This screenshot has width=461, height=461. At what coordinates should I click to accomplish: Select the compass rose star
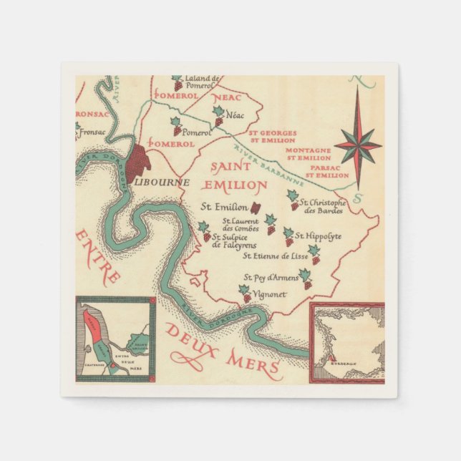(358, 145)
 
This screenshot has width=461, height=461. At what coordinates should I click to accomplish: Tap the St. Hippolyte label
(319, 236)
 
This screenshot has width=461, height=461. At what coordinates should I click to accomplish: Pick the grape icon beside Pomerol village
(176, 127)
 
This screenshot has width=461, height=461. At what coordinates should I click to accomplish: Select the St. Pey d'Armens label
(270, 277)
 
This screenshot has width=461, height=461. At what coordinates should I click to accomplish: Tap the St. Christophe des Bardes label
(323, 206)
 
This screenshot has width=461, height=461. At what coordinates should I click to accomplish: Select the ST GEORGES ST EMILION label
(268, 136)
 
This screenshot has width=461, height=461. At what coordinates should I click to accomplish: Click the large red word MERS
(253, 364)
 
